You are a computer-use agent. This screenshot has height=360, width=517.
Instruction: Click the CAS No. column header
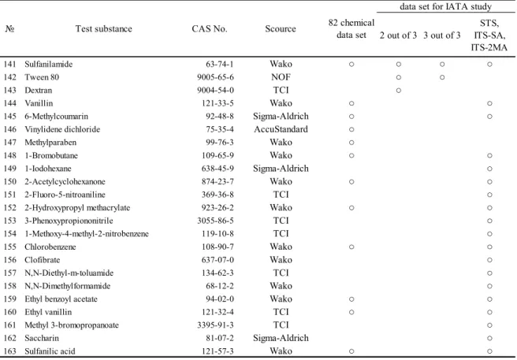(210, 29)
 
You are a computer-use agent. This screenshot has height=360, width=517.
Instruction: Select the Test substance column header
(103, 29)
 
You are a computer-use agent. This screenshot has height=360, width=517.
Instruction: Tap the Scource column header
(281, 29)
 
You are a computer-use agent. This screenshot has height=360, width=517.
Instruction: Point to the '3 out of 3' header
(442, 35)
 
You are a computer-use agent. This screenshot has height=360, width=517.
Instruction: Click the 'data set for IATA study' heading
(446, 6)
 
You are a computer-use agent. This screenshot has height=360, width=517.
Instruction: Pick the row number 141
(10, 64)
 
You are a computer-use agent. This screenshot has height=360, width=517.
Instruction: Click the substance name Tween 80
(42, 77)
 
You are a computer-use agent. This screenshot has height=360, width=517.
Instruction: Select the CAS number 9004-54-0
(216, 91)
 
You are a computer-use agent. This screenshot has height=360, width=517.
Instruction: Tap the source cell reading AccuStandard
(281, 129)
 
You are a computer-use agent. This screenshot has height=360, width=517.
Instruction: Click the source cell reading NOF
(281, 77)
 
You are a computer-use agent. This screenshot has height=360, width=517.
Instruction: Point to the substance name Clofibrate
(43, 260)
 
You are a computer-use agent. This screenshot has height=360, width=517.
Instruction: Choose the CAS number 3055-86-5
(216, 221)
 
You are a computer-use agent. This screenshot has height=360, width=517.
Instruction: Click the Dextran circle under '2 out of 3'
(399, 91)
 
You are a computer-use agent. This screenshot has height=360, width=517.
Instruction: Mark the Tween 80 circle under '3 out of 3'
(442, 77)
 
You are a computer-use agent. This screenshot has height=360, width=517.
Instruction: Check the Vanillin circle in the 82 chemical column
(351, 103)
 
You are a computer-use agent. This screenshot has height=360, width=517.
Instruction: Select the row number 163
(10, 351)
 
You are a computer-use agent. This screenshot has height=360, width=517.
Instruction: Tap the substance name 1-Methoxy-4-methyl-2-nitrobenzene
(87, 234)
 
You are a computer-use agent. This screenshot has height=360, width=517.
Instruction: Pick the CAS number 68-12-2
(220, 286)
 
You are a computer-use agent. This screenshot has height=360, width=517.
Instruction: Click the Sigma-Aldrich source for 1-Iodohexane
(281, 169)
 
